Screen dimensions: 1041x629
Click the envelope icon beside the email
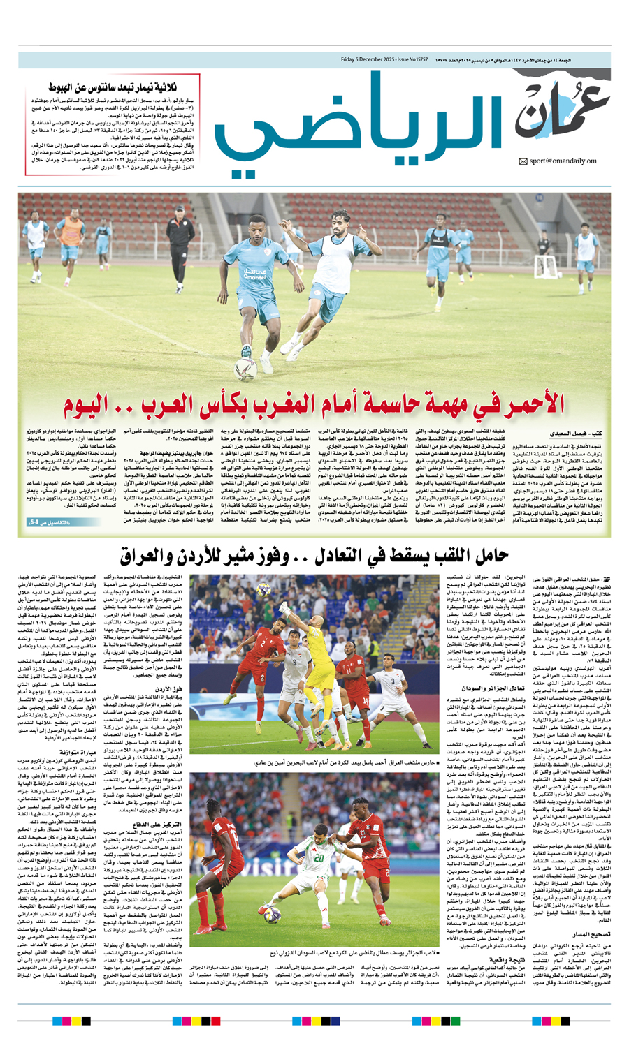pyautogui.click(x=523, y=162)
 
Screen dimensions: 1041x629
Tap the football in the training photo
pyautogui.click(x=245, y=367)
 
